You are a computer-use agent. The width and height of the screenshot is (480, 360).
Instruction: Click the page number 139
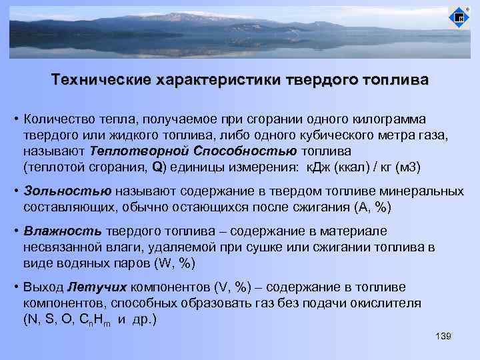pyautogui.click(x=443, y=336)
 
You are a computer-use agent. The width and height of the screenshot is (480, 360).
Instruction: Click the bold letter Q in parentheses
pyautogui.click(x=157, y=166)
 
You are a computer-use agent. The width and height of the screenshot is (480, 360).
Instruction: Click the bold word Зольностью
pyautogui.click(x=65, y=191)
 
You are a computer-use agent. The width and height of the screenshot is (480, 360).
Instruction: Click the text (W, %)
pyautogui.click(x=175, y=263)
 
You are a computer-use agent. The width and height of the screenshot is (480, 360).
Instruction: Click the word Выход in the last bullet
pyautogui.click(x=43, y=287)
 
